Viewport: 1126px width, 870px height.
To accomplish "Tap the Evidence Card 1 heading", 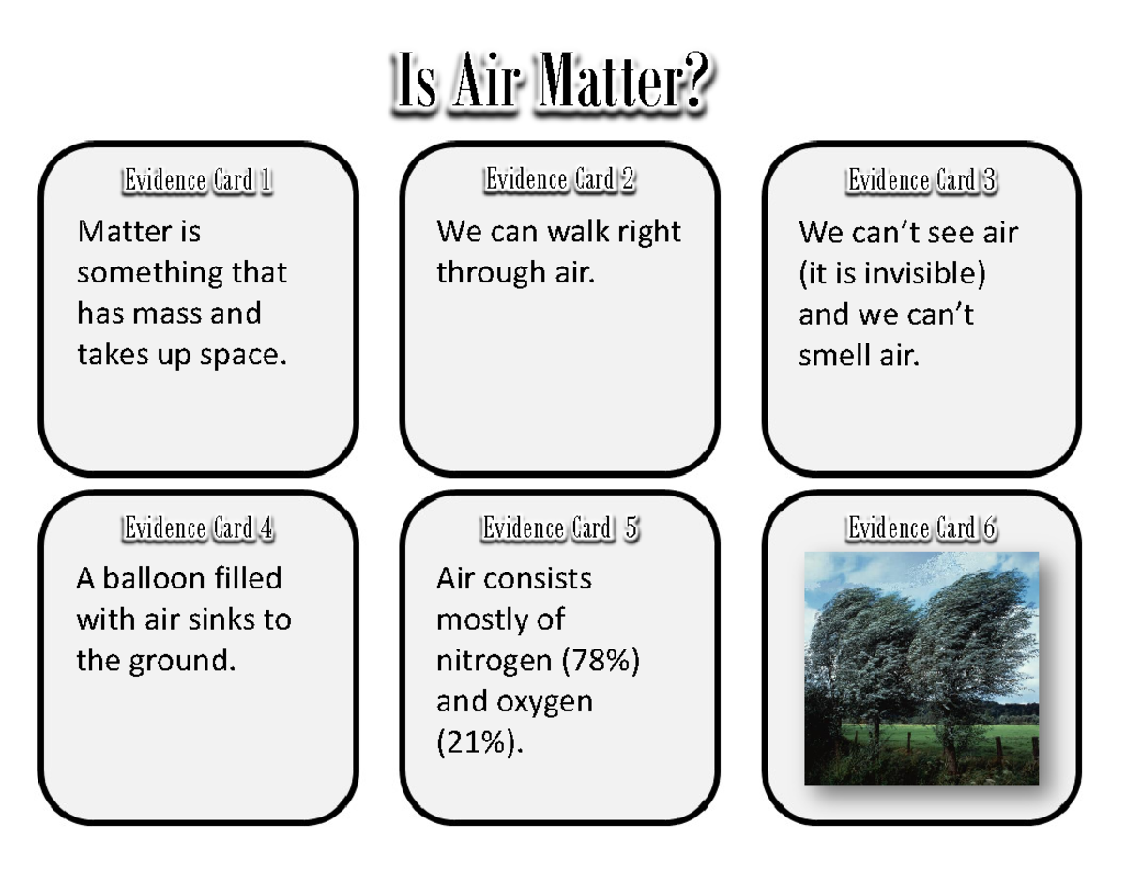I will click(x=198, y=180).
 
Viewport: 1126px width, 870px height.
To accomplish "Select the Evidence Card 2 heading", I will click(x=560, y=179).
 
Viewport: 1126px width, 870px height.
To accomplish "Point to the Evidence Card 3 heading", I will click(x=921, y=180).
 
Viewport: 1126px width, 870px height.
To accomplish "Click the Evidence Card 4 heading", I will click(x=198, y=528).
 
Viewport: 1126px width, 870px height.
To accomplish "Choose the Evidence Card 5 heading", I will click(x=560, y=528).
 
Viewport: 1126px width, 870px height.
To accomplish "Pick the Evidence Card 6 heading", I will click(x=921, y=529).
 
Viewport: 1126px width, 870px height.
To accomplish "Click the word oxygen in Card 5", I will click(x=548, y=703).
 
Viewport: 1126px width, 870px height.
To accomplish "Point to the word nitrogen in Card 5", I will click(x=494, y=662).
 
